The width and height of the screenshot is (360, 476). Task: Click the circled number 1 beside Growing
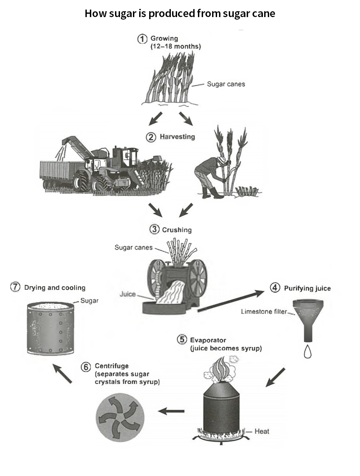click(x=142, y=39)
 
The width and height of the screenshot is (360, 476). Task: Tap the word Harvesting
click(x=177, y=137)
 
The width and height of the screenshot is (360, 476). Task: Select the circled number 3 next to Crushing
click(x=155, y=229)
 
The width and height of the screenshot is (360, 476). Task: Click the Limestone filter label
click(x=264, y=311)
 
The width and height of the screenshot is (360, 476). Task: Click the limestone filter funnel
click(x=308, y=320)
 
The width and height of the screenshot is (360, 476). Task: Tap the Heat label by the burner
click(x=262, y=431)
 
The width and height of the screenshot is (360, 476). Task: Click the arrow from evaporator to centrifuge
click(x=171, y=411)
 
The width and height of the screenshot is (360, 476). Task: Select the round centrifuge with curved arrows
click(x=120, y=417)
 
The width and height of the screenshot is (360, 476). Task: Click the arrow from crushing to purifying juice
click(x=231, y=301)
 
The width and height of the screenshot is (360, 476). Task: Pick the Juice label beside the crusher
click(x=127, y=294)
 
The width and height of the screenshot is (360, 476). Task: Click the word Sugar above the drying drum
click(x=89, y=301)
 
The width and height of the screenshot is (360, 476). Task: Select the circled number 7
click(x=15, y=287)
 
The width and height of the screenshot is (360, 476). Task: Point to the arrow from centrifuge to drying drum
click(x=62, y=373)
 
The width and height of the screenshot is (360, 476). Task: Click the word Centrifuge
click(x=112, y=366)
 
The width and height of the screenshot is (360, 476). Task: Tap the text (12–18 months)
click(x=175, y=46)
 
